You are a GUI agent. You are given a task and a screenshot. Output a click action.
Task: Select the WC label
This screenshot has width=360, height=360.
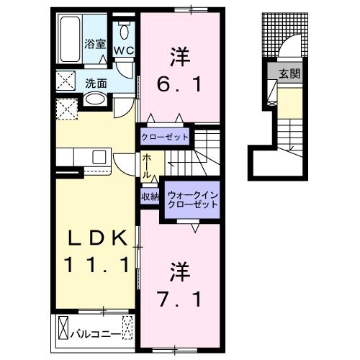(123, 50)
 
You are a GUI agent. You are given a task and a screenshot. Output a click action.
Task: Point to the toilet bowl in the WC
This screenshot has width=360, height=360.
(125, 31)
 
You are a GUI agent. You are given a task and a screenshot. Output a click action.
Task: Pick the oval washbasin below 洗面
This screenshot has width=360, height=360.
(95, 99)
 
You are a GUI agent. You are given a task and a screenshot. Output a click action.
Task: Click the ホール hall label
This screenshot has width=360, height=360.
(146, 166)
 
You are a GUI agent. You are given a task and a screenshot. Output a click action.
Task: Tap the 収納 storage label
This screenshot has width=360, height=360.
(149, 195)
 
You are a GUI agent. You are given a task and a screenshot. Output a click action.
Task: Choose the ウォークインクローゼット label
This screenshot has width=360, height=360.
(192, 199)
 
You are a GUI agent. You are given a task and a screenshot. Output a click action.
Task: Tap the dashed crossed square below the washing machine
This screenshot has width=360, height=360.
(68, 110)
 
